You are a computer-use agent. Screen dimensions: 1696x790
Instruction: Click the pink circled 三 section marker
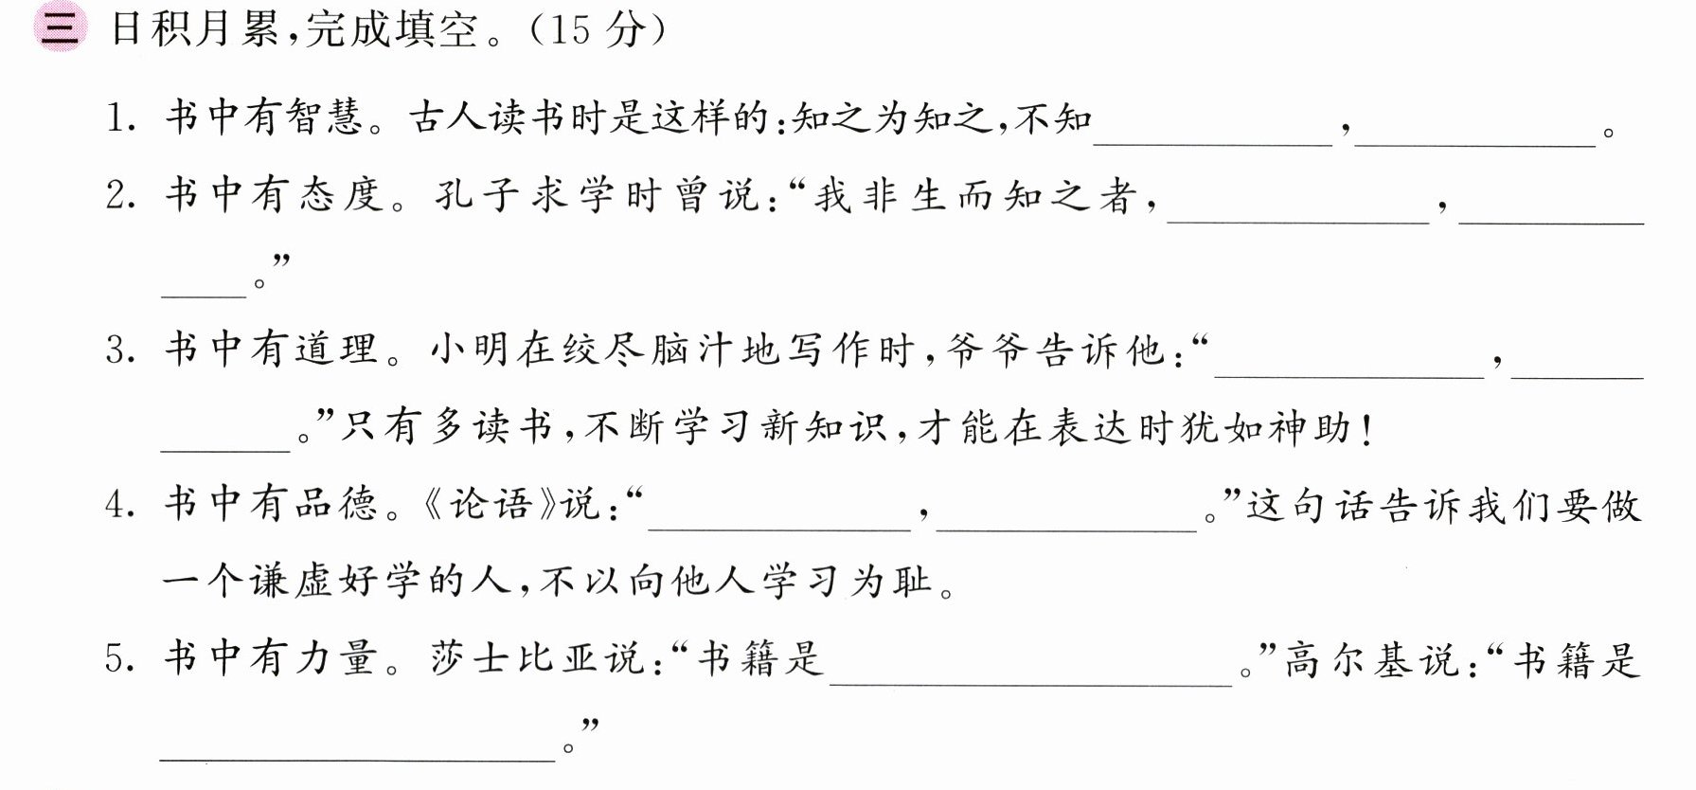(x=59, y=29)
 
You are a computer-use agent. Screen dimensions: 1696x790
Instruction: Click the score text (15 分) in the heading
(x=596, y=30)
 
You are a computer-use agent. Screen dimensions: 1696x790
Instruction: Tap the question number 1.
(x=117, y=119)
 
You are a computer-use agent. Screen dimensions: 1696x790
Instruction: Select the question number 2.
(x=119, y=196)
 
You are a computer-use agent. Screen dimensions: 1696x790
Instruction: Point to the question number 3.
(x=119, y=350)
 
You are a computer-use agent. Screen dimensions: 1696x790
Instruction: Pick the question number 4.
(x=119, y=505)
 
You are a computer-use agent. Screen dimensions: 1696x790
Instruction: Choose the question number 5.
(x=119, y=659)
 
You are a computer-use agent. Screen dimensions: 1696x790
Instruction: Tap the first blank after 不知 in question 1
(x=1213, y=144)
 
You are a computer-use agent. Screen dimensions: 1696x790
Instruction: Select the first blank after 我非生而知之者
(x=1298, y=222)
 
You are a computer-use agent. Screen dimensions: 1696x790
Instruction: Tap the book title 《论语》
(x=489, y=504)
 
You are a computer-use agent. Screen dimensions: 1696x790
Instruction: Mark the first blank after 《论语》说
(x=779, y=530)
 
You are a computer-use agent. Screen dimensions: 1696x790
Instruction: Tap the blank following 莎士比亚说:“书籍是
(x=1031, y=683)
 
